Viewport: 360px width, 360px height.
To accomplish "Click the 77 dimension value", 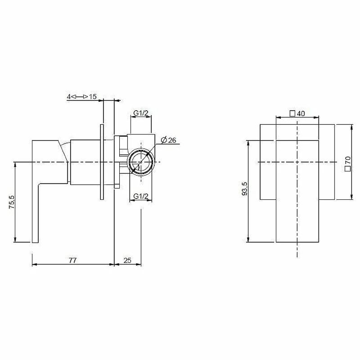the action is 72,260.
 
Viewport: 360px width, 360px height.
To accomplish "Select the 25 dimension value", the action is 127,260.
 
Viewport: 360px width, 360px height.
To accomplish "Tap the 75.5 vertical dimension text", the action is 12,202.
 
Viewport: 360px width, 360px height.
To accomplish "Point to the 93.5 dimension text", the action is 245,189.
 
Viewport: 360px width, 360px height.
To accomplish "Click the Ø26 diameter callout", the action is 168,140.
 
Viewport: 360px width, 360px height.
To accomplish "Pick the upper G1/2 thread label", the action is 141,113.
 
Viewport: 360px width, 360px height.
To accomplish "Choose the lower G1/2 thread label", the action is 141,196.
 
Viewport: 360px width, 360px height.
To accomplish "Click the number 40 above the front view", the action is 301,114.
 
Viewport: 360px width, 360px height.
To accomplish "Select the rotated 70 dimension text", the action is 348,160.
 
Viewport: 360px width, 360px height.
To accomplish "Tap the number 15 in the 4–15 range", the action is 93,97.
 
